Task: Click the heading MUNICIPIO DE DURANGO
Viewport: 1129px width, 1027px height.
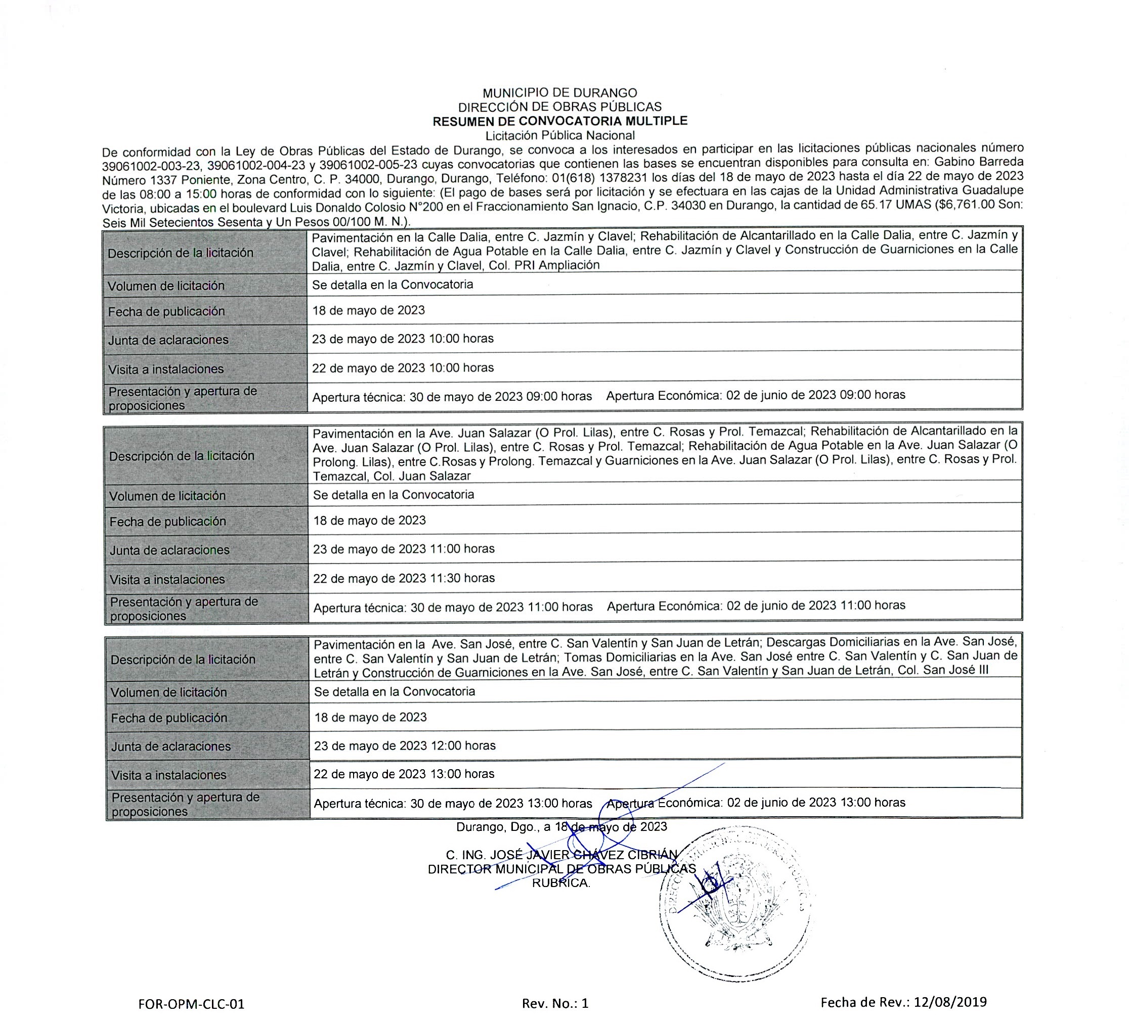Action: pos(559,93)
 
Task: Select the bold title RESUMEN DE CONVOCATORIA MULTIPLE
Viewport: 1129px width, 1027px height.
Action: pos(559,121)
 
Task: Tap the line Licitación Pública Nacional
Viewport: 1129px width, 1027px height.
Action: pos(559,135)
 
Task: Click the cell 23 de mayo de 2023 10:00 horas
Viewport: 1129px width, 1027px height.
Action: pos(403,339)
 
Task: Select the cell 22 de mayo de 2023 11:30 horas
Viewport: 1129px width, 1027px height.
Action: pos(404,578)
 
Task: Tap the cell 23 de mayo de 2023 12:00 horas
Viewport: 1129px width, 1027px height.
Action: pos(404,746)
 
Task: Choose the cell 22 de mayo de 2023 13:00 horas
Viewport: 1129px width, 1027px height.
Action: pos(404,774)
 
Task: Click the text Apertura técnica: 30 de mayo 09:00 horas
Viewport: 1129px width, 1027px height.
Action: pos(452,397)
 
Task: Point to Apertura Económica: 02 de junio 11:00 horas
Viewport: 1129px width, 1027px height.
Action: pos(756,605)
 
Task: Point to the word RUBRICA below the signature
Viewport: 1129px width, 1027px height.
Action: pos(560,883)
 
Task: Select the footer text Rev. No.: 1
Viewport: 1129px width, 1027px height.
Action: pos(555,1003)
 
